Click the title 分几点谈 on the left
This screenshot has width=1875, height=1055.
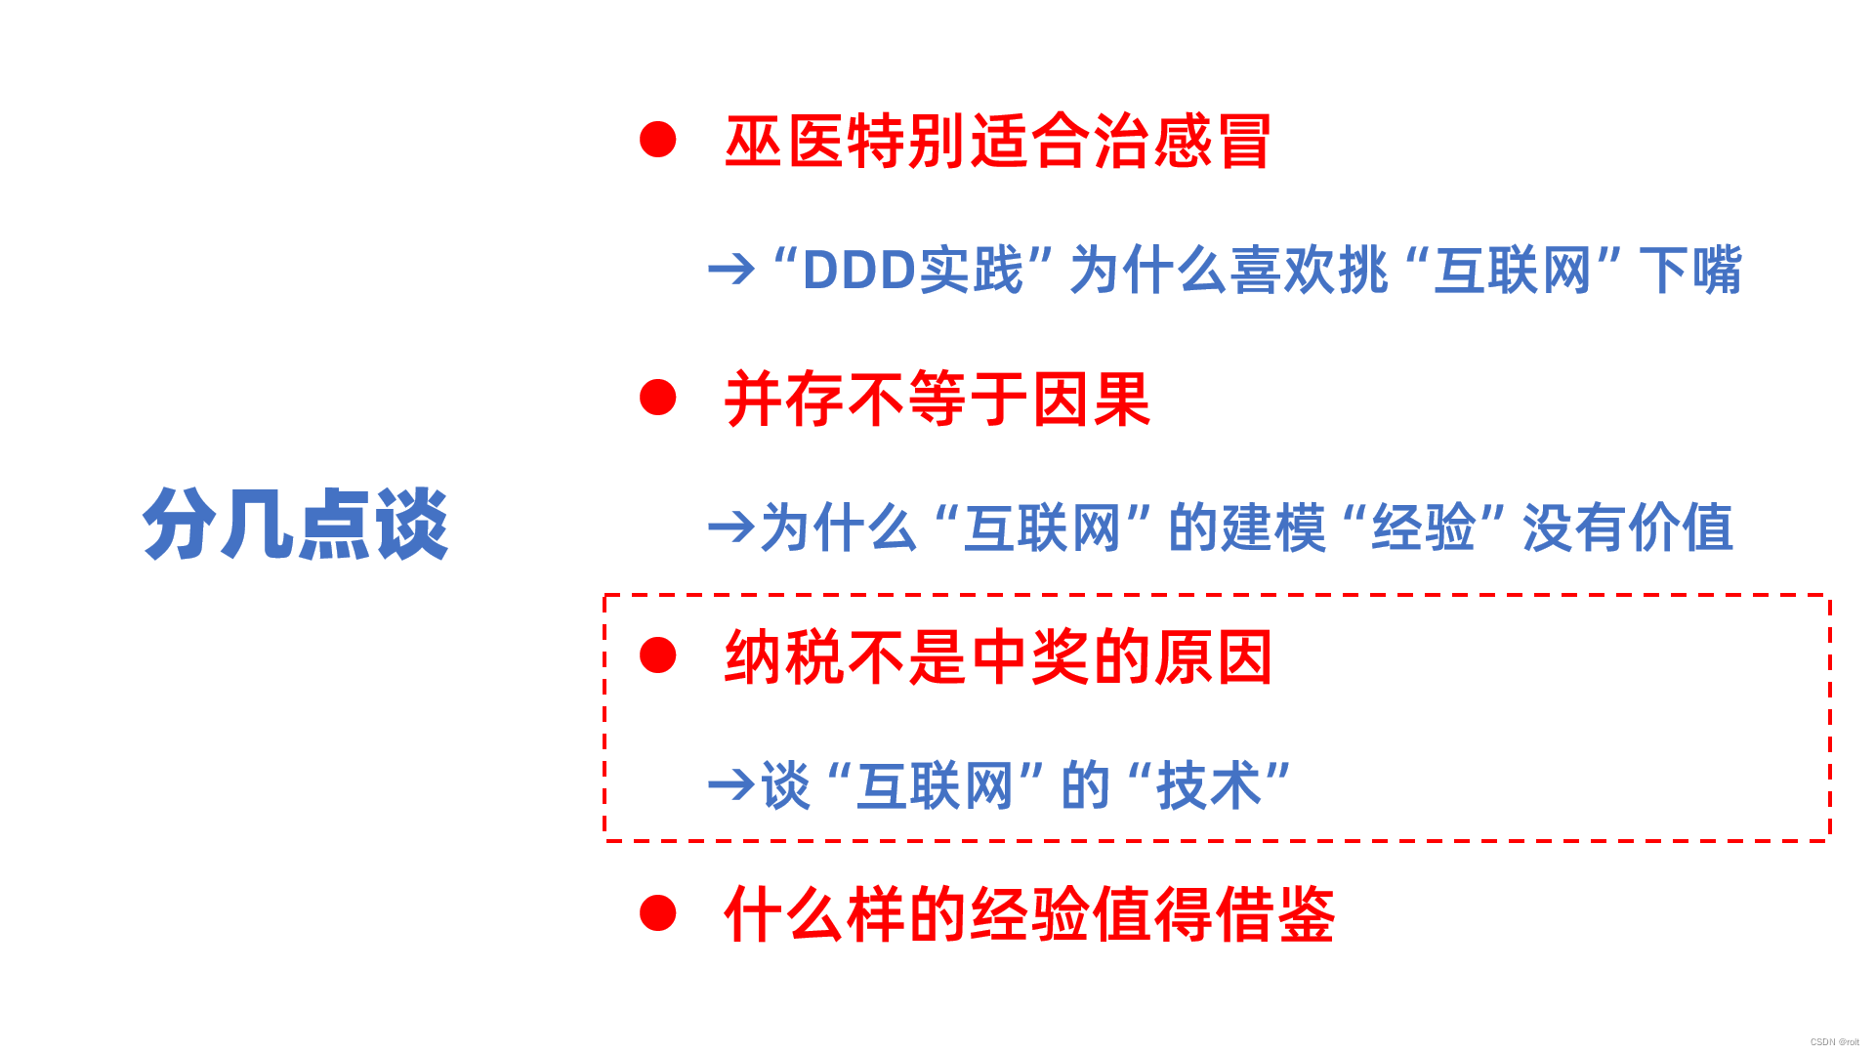pyautogui.click(x=295, y=525)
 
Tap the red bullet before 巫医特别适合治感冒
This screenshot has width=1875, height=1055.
pyautogui.click(x=657, y=140)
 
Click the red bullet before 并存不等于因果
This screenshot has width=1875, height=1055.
pyautogui.click(x=657, y=398)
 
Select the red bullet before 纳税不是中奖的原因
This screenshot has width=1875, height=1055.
pyautogui.click(x=657, y=655)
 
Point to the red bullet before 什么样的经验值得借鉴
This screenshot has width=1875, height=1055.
pyautogui.click(x=657, y=913)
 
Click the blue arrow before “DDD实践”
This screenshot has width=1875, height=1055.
pyautogui.click(x=731, y=270)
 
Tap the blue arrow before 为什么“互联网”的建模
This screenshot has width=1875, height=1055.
pyautogui.click(x=731, y=527)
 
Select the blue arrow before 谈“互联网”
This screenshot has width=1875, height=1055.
pyautogui.click(x=731, y=785)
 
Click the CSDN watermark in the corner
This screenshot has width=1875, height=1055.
pyautogui.click(x=1834, y=1042)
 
